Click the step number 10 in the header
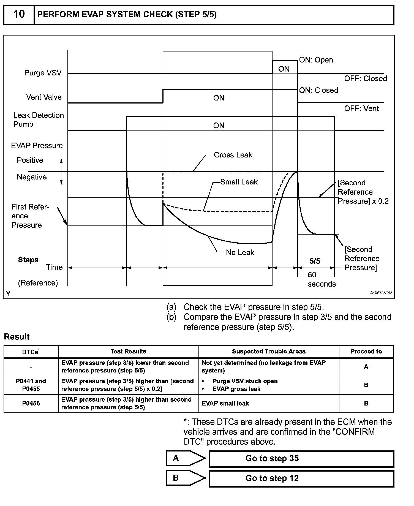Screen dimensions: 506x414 tap(19, 14)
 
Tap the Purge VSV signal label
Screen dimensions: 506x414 tap(43, 73)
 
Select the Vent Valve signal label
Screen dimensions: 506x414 tap(44, 97)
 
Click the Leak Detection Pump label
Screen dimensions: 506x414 tap(38, 120)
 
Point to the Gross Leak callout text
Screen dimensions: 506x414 tap(233, 155)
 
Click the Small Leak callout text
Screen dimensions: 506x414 tap(239, 182)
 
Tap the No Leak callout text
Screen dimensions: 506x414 tap(240, 252)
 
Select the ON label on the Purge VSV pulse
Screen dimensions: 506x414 tap(284, 69)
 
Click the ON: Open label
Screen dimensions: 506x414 tap(316, 60)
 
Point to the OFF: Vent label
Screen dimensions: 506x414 tap(361, 108)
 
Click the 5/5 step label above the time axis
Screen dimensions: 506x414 tap(315, 261)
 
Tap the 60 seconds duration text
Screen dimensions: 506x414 tap(321, 279)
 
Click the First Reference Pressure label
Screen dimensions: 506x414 tap(30, 216)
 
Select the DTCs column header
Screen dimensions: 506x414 tap(31, 352)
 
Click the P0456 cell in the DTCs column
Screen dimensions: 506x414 tap(31, 403)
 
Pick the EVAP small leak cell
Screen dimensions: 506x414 tap(225, 403)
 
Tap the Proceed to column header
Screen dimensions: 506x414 tap(366, 352)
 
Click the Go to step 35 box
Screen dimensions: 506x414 tap(301, 459)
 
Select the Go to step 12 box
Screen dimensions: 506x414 tap(301, 478)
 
